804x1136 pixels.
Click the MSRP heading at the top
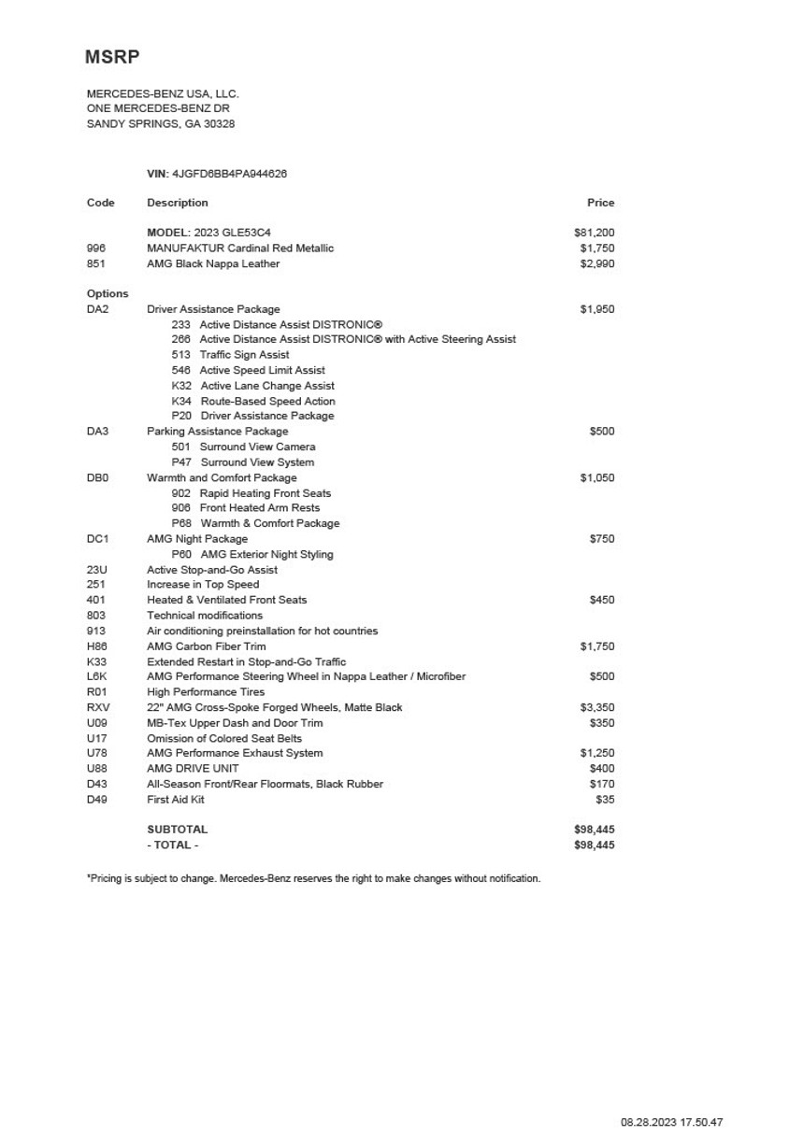click(x=112, y=57)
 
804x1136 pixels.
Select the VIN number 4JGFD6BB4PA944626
click(x=229, y=174)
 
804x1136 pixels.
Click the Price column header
click(x=600, y=203)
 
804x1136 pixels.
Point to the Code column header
click(x=101, y=203)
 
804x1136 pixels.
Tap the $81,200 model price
click(x=594, y=233)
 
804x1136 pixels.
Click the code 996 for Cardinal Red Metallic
click(x=96, y=248)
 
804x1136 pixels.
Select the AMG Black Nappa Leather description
click(x=213, y=263)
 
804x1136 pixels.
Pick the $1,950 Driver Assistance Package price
click(x=596, y=309)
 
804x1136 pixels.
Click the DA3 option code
click(x=97, y=432)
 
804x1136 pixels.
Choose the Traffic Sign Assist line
click(x=243, y=355)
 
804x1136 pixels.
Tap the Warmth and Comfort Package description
click(x=222, y=477)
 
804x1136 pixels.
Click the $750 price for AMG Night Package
click(x=602, y=539)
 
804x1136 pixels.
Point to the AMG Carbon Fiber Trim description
click(x=206, y=646)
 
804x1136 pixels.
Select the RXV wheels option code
click(x=97, y=707)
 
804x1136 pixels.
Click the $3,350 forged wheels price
click(x=596, y=707)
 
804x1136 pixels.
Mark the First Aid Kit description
click(x=176, y=800)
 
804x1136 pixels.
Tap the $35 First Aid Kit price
click(x=605, y=800)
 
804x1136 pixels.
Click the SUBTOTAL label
click(x=178, y=830)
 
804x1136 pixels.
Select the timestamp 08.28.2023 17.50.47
click(x=671, y=1123)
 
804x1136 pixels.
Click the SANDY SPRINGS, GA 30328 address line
click(x=161, y=124)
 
